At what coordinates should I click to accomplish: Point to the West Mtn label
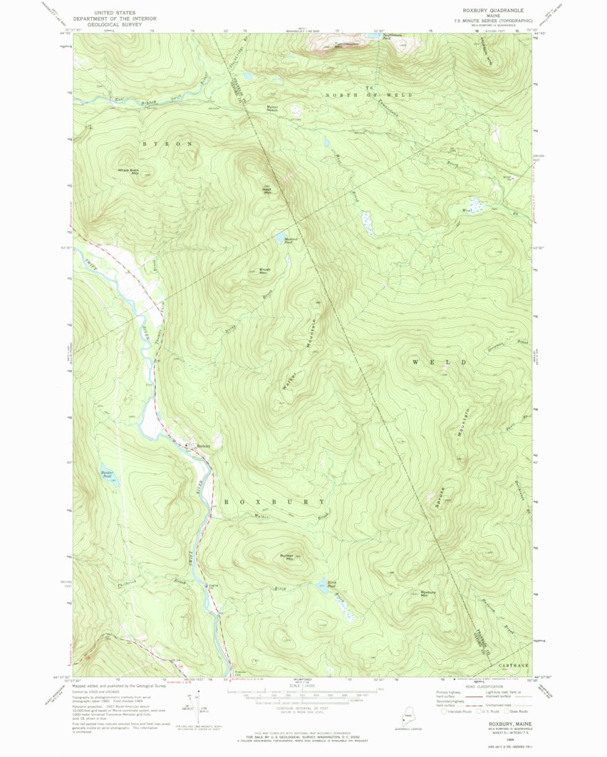tap(268, 190)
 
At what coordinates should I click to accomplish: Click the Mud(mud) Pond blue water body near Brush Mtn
tap(283, 238)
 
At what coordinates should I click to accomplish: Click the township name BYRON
tap(168, 144)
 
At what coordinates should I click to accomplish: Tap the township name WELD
tap(440, 362)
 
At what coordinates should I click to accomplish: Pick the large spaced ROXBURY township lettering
tap(275, 502)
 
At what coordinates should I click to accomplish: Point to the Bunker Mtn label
tap(287, 557)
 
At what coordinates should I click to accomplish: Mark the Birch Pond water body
tap(325, 589)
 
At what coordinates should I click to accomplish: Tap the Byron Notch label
tap(272, 108)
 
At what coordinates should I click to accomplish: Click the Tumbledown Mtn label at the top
tap(347, 45)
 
